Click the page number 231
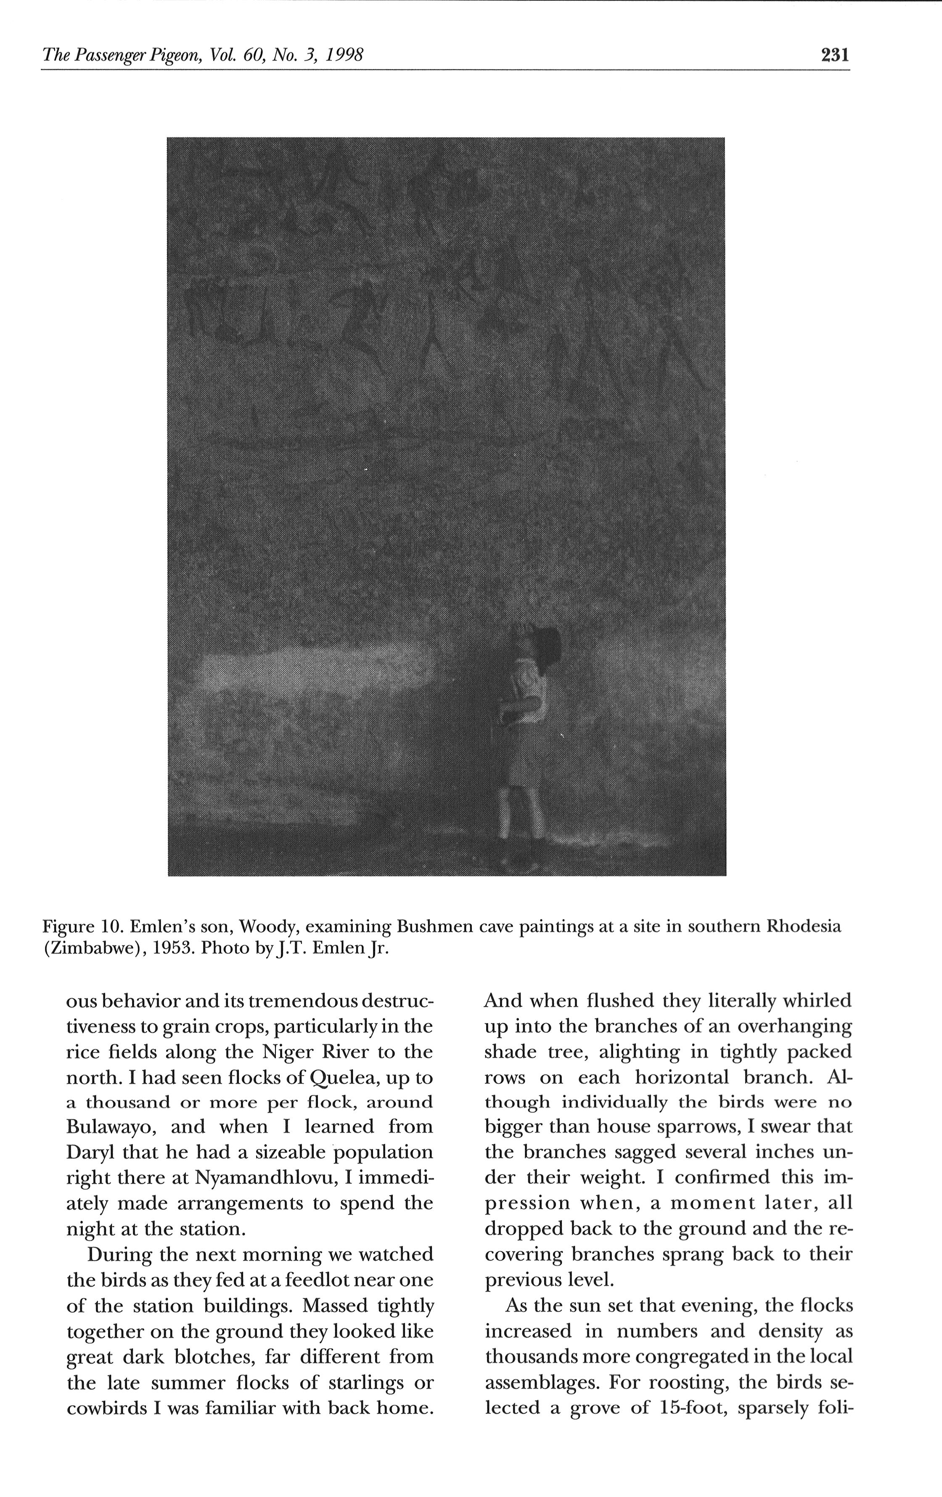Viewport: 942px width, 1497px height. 834,56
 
